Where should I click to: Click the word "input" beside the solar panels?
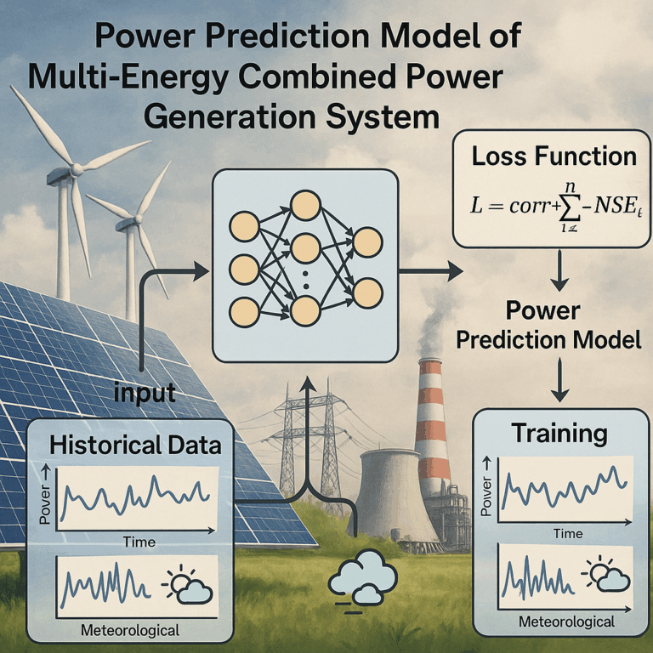pyautogui.click(x=145, y=392)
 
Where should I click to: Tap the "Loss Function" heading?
pyautogui.click(x=554, y=156)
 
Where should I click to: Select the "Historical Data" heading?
pyautogui.click(x=135, y=445)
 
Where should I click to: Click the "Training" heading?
pyautogui.click(x=559, y=434)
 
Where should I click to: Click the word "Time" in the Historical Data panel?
pyautogui.click(x=139, y=542)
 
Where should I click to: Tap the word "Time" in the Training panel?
pyautogui.click(x=568, y=533)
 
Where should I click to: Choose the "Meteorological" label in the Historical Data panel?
pyautogui.click(x=130, y=630)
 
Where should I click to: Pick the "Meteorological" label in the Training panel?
pyautogui.click(x=566, y=622)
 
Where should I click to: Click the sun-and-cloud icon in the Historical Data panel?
pyautogui.click(x=187, y=584)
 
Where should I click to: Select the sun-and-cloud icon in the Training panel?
pyautogui.click(x=606, y=572)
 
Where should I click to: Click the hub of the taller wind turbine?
pyautogui.click(x=77, y=169)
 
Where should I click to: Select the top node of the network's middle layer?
pyautogui.click(x=306, y=205)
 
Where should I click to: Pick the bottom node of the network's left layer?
pyautogui.click(x=245, y=312)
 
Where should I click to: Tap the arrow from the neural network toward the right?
pyautogui.click(x=431, y=271)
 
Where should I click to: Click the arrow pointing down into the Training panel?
pyautogui.click(x=560, y=380)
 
